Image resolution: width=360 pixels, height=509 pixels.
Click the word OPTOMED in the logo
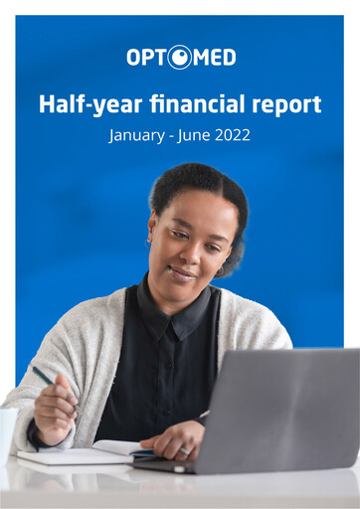click(180, 58)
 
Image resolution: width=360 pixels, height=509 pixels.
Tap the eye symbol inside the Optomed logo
click(180, 58)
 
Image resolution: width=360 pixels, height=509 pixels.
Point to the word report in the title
click(286, 105)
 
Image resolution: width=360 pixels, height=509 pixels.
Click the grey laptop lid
click(284, 408)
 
